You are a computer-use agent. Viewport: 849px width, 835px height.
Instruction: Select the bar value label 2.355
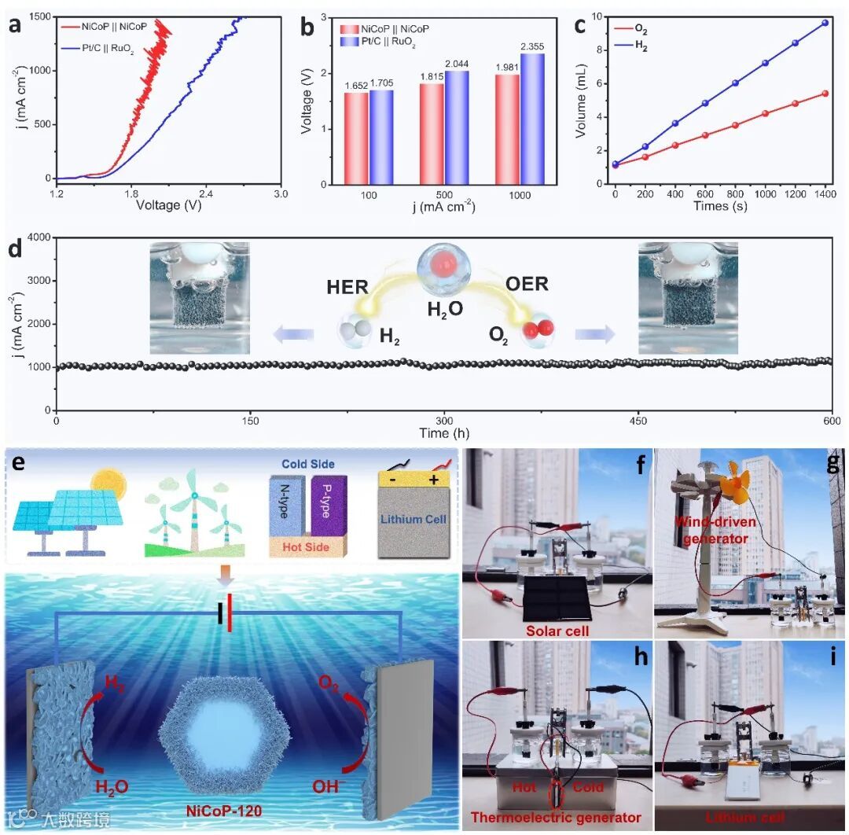533,47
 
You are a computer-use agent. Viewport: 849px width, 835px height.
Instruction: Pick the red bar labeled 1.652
356,138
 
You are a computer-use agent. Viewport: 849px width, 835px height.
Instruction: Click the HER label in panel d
347,285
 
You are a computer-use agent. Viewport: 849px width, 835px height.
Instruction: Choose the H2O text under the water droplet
445,310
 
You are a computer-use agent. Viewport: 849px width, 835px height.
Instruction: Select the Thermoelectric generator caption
555,818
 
